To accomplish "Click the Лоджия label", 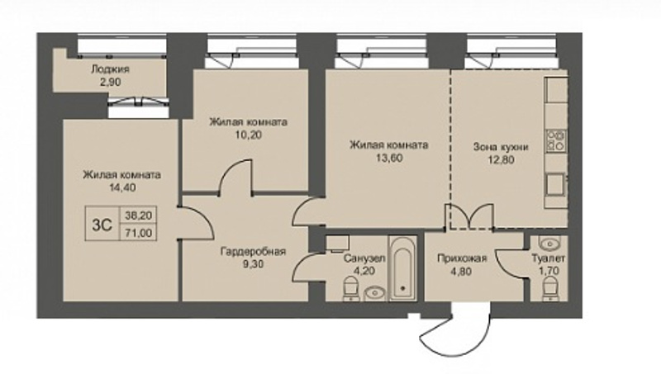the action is (x=110, y=69).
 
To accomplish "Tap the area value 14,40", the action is (x=122, y=187).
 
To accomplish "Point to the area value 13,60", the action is (x=388, y=158).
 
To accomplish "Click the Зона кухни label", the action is (x=501, y=147).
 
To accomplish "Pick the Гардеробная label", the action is (x=253, y=252).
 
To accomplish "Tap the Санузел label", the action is (x=364, y=258).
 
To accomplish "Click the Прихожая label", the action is (x=462, y=258).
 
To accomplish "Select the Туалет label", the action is (x=549, y=258).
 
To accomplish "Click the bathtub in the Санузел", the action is (x=402, y=268).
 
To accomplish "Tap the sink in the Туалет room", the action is (x=549, y=244).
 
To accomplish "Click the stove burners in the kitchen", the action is (x=556, y=140).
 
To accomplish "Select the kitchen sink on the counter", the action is (x=555, y=184).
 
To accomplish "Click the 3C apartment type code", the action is (x=102, y=225).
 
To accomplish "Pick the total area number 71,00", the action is (x=139, y=233).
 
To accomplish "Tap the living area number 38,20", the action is (x=139, y=215).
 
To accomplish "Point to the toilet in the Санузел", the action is (x=350, y=288).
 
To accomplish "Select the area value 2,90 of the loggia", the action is (x=111, y=82).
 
